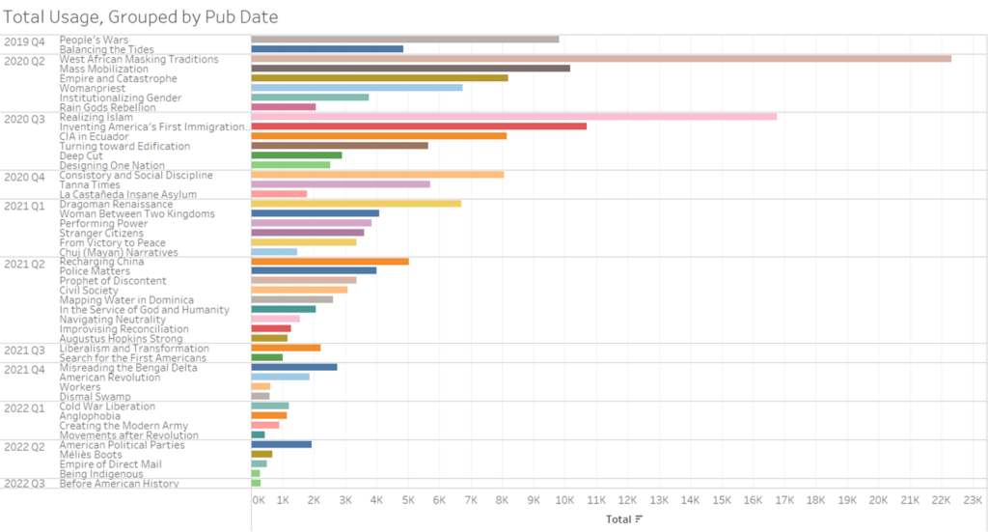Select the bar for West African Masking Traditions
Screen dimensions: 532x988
(x=600, y=59)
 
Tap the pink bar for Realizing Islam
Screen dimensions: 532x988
(x=513, y=117)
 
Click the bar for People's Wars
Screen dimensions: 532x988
(x=404, y=40)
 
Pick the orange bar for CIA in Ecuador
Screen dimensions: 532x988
(x=378, y=136)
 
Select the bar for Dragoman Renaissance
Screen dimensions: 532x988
(x=356, y=204)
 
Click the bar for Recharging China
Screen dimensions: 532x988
(x=329, y=262)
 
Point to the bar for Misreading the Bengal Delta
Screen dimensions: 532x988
(x=293, y=367)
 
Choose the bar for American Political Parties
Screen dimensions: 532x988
(x=281, y=444)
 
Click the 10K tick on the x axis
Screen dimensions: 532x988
(x=564, y=501)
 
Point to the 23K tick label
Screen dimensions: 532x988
(x=972, y=501)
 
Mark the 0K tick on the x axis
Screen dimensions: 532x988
(x=258, y=501)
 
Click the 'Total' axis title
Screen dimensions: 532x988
(x=617, y=519)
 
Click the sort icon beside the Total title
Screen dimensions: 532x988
(x=639, y=519)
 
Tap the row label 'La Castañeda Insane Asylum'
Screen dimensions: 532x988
(x=127, y=194)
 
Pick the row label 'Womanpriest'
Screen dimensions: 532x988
(x=93, y=88)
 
